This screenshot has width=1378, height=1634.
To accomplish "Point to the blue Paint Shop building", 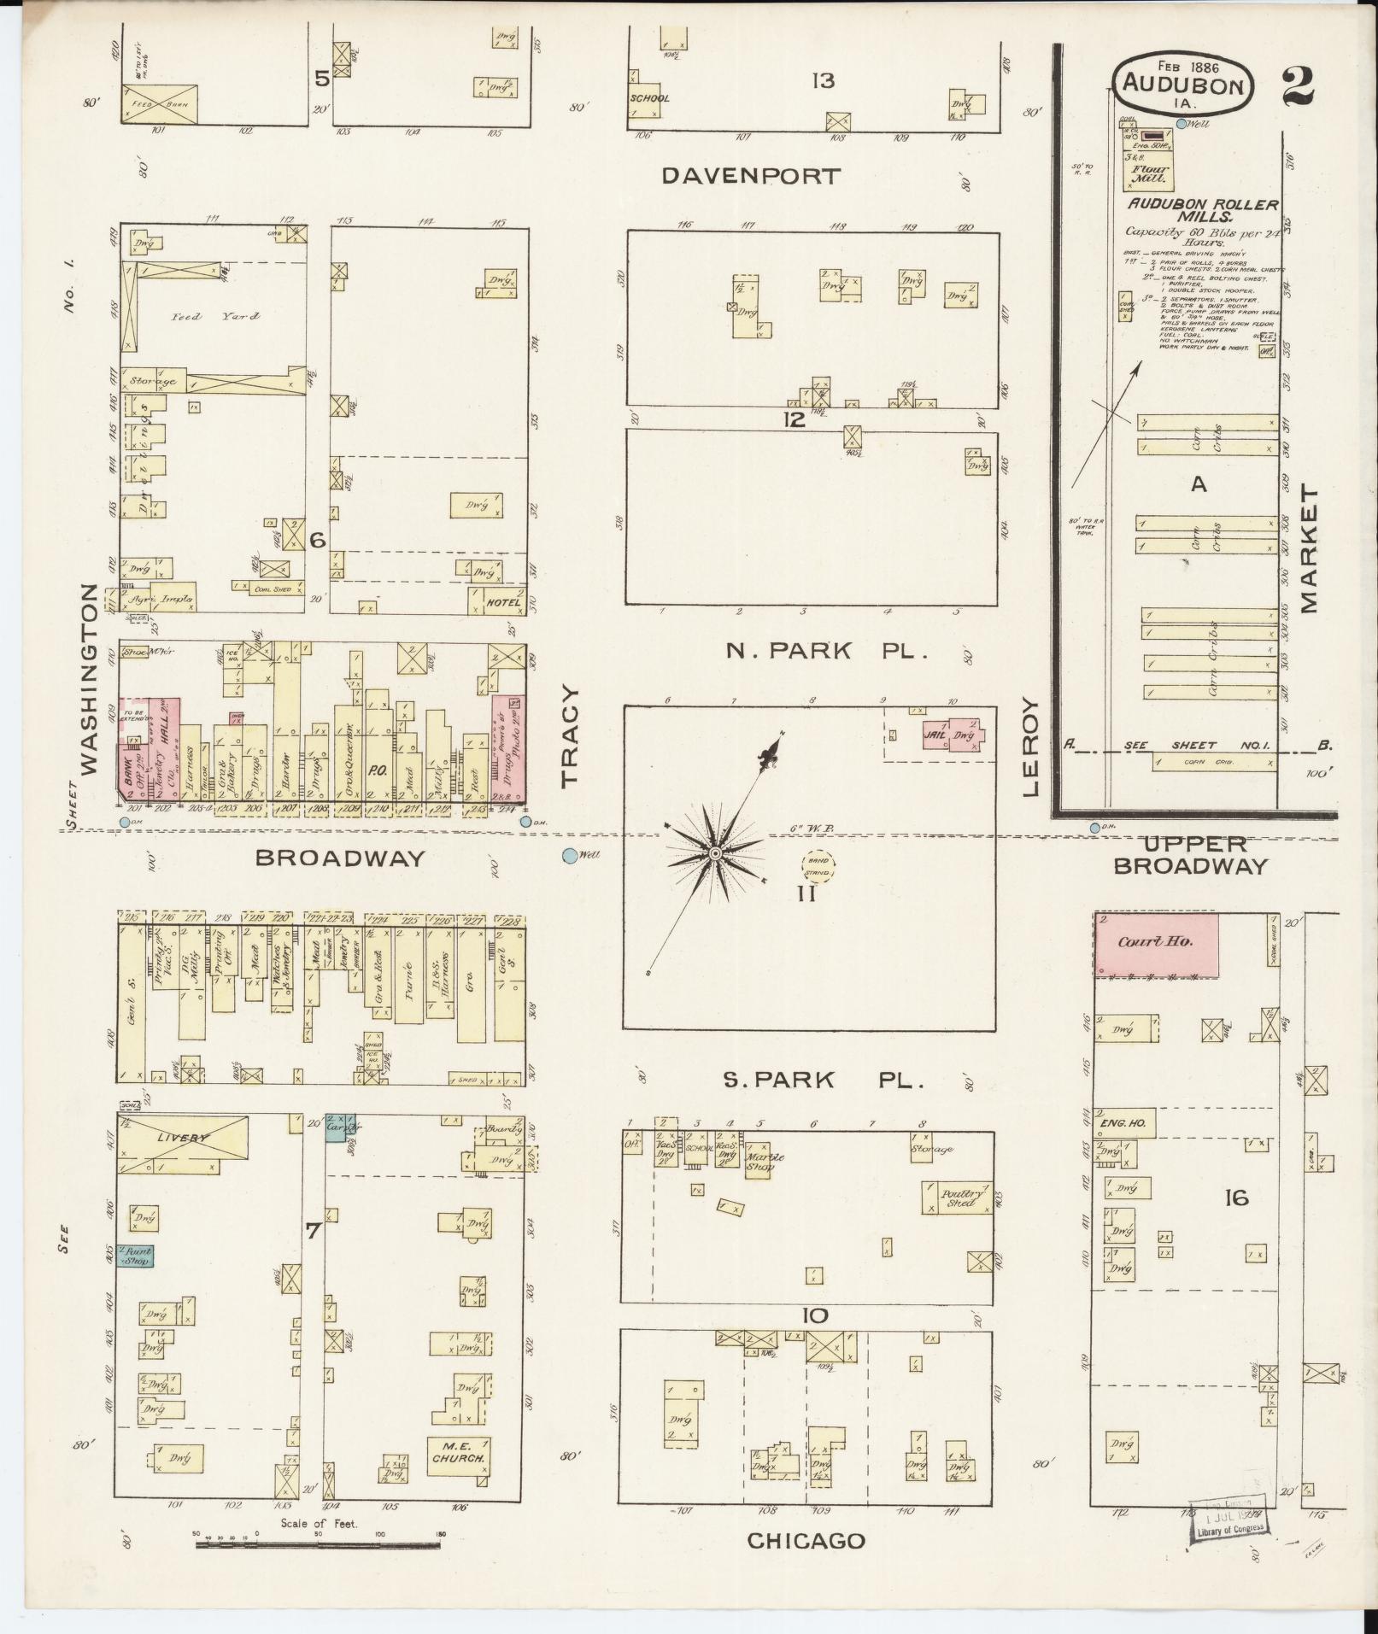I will coord(135,1256).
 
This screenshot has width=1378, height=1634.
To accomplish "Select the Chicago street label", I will coord(806,1541).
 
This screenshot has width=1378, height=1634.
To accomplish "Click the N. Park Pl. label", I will coord(826,651).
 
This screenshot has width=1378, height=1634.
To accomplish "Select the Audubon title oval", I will coord(1183,84).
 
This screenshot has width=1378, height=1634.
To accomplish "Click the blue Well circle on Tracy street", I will coord(569,855).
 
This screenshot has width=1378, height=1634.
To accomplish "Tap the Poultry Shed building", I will coord(957,1198).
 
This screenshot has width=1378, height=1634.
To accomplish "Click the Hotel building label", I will coord(504,602).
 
